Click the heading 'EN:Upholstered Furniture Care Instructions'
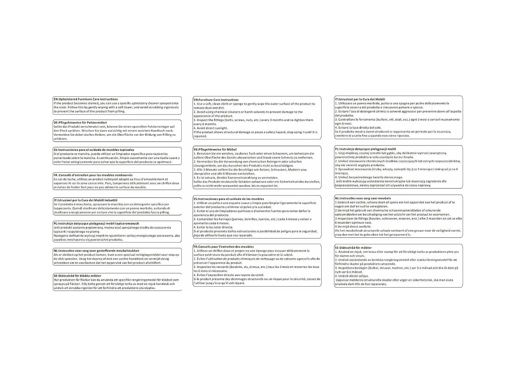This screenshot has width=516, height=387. [x=86, y=99]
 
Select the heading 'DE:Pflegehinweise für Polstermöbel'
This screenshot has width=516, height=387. [x=80, y=122]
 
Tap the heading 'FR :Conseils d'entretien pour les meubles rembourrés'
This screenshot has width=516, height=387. [x=93, y=175]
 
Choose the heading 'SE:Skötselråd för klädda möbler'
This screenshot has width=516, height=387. [x=77, y=276]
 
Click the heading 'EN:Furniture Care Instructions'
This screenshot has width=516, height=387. [x=216, y=100]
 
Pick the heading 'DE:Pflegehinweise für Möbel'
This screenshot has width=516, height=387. [x=215, y=150]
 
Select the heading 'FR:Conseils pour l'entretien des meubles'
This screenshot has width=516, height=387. [x=224, y=247]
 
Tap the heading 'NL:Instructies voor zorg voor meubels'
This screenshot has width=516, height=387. [x=363, y=198]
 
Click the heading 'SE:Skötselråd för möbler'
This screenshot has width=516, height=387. [x=353, y=248]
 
